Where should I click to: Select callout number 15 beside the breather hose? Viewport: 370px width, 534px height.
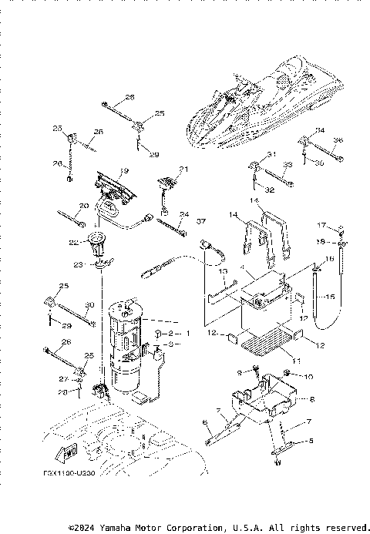point(330,297)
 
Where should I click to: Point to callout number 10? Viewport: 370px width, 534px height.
point(309,377)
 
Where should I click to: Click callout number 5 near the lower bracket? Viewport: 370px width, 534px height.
point(311,441)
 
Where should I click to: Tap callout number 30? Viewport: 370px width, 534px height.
point(89,304)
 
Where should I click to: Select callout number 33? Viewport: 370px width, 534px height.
point(288,165)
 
